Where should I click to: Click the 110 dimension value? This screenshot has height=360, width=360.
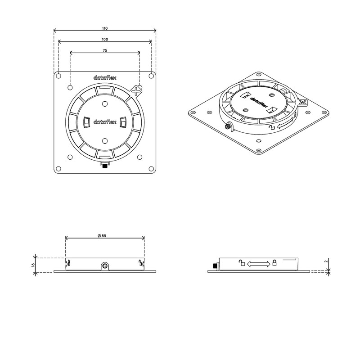pyautogui.click(x=105, y=28)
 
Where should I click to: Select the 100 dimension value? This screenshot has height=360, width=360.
pyautogui.click(x=105, y=40)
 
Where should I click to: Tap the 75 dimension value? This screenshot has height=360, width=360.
pyautogui.click(x=105, y=50)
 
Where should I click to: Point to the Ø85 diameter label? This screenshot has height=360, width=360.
pyautogui.click(x=102, y=235)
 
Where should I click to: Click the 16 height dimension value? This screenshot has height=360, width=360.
pyautogui.click(x=33, y=265)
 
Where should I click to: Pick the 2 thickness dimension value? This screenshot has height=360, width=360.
pyautogui.click(x=326, y=261)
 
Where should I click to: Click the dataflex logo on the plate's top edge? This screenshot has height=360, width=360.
pyautogui.click(x=105, y=77)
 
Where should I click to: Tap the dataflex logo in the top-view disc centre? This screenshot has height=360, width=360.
pyautogui.click(x=105, y=121)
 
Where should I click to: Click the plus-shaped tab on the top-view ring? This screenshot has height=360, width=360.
pyautogui.click(x=137, y=91)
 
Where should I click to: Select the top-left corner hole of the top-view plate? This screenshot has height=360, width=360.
pyautogui.click(x=58, y=76)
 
